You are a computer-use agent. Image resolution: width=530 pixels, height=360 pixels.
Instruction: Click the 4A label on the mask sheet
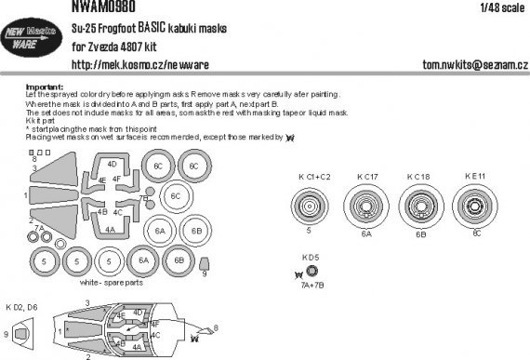click(x=111, y=227)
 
